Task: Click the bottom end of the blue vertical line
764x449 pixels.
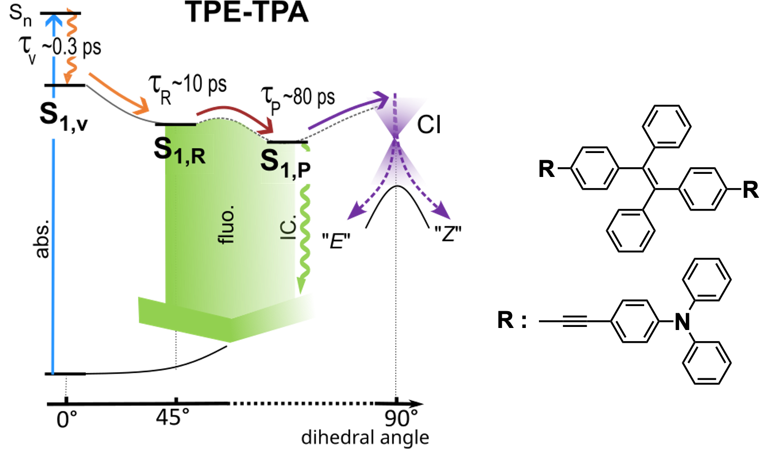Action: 52,372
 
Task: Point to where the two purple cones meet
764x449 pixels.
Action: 395,137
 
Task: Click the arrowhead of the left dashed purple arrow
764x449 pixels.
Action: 352,216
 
